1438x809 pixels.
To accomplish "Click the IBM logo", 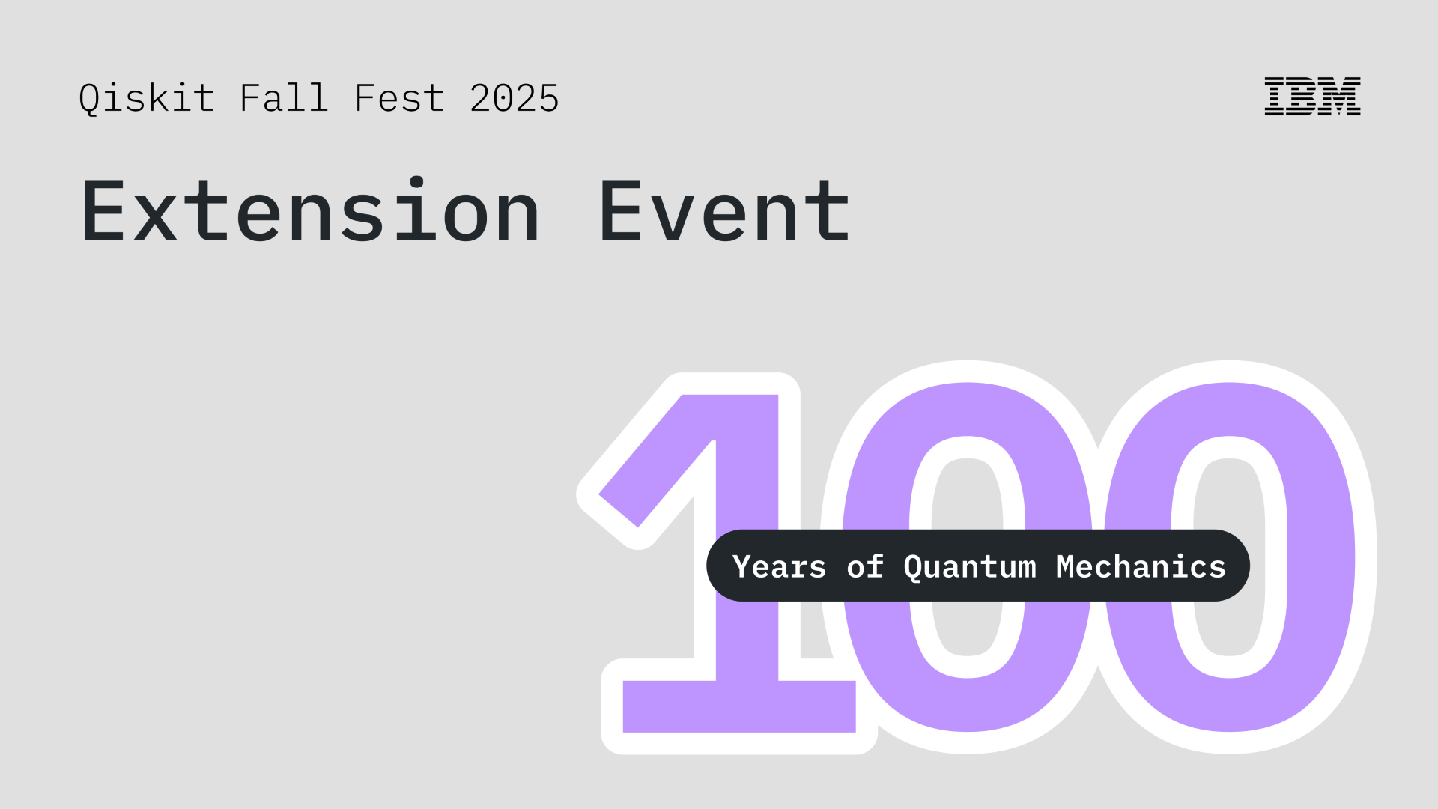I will tap(1312, 97).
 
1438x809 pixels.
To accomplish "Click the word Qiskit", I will tap(147, 99).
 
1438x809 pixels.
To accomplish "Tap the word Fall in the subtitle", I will tap(284, 98).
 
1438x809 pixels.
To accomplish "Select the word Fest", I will tap(399, 98).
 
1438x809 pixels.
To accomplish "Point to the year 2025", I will tap(515, 98).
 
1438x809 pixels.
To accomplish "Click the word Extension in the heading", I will tap(310, 212).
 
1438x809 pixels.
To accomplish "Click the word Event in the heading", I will tap(724, 212).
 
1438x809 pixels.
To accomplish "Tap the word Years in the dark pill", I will tap(779, 567).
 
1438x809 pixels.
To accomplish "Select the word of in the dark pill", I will tap(865, 567).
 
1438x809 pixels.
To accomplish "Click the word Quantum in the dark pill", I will tap(970, 567).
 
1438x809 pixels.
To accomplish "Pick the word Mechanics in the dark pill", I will tap(1141, 567).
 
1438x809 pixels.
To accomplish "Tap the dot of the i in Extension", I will tap(416, 182).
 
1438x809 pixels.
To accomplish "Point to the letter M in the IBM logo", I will tap(1341, 97).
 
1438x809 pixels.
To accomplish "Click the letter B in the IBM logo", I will tap(1305, 97).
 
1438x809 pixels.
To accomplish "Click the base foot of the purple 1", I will tap(739, 706).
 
